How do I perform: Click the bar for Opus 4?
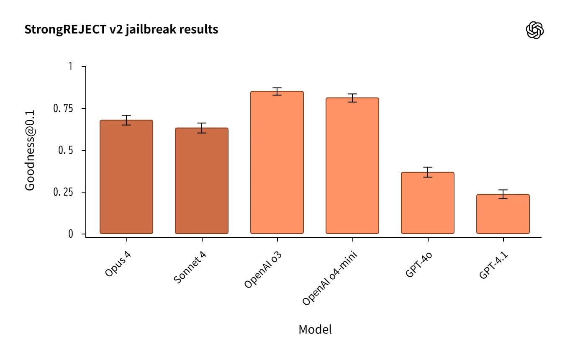[x=126, y=177]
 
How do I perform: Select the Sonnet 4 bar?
[x=202, y=181]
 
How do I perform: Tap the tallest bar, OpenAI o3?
[x=277, y=162]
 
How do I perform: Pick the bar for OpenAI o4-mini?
[x=352, y=166]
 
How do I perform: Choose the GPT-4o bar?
[x=428, y=203]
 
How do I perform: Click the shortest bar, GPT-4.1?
[x=503, y=214]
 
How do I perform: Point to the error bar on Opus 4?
[x=126, y=120]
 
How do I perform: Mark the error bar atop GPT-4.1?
[x=503, y=194]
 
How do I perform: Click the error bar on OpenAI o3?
[x=277, y=91]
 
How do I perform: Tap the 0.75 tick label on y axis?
[x=63, y=108]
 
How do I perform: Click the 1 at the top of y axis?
[x=70, y=67]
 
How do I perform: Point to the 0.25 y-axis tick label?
[x=63, y=192]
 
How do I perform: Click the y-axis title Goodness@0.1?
[x=30, y=150]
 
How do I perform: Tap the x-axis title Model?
[x=315, y=329]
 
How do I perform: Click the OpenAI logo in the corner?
[x=534, y=30]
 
